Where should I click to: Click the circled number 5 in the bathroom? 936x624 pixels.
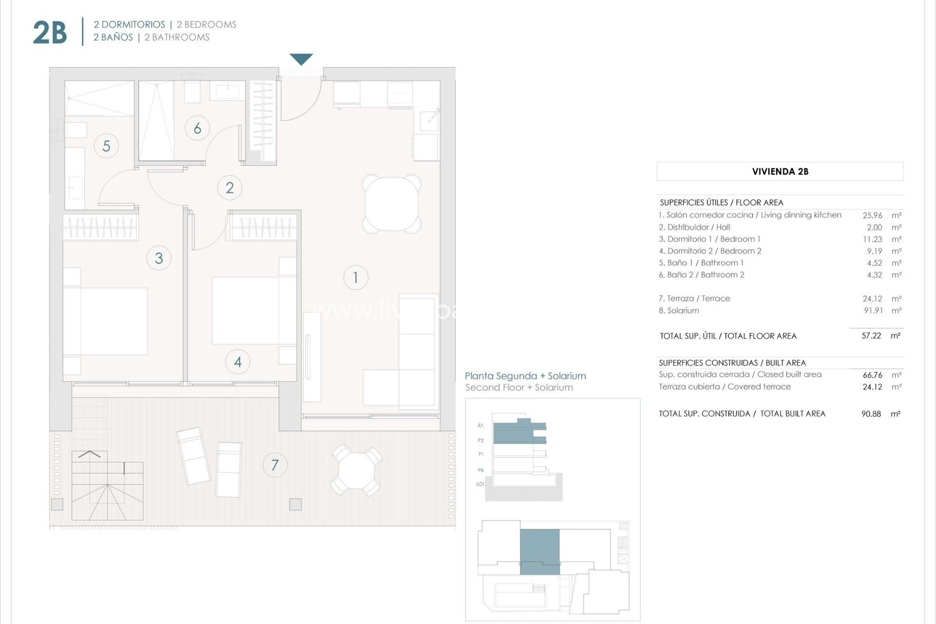pos(106,146)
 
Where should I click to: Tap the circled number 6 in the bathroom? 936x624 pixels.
pos(197,128)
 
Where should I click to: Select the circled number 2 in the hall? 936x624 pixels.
pos(230,188)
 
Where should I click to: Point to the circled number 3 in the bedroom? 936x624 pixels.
pos(159,258)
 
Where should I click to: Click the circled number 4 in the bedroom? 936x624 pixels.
pos(238,362)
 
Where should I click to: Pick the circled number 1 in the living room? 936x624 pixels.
pos(355,277)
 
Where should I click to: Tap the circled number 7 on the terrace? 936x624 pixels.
pos(275,465)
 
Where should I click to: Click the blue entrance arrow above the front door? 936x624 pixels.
pos(301,59)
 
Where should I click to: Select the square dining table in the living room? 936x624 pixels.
pos(392,203)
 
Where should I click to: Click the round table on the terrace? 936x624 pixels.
pos(356,469)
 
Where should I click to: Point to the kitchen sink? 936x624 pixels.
pos(429,118)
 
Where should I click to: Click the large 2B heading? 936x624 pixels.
pos(50,32)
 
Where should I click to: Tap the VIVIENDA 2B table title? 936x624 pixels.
pos(780,172)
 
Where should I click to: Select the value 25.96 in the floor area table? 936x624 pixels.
pos(872,215)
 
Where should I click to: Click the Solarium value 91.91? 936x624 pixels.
pos(873,311)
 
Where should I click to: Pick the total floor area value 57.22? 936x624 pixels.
pos(871,336)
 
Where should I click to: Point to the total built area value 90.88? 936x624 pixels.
pos(871,414)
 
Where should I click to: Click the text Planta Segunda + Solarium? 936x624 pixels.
pos(525,376)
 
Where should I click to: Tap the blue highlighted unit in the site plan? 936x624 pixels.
pos(540,551)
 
